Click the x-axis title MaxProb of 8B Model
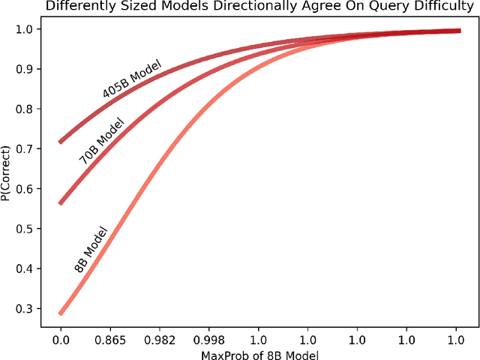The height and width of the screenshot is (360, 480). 259,353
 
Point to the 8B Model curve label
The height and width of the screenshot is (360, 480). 91,250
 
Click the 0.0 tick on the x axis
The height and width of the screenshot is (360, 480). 61,340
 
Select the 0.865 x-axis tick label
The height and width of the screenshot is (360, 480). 110,340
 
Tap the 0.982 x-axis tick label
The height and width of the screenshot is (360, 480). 160,340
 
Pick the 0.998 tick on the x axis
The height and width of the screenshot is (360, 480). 209,340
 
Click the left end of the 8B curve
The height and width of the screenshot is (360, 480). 61,313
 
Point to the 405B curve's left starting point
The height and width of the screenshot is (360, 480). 61,142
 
